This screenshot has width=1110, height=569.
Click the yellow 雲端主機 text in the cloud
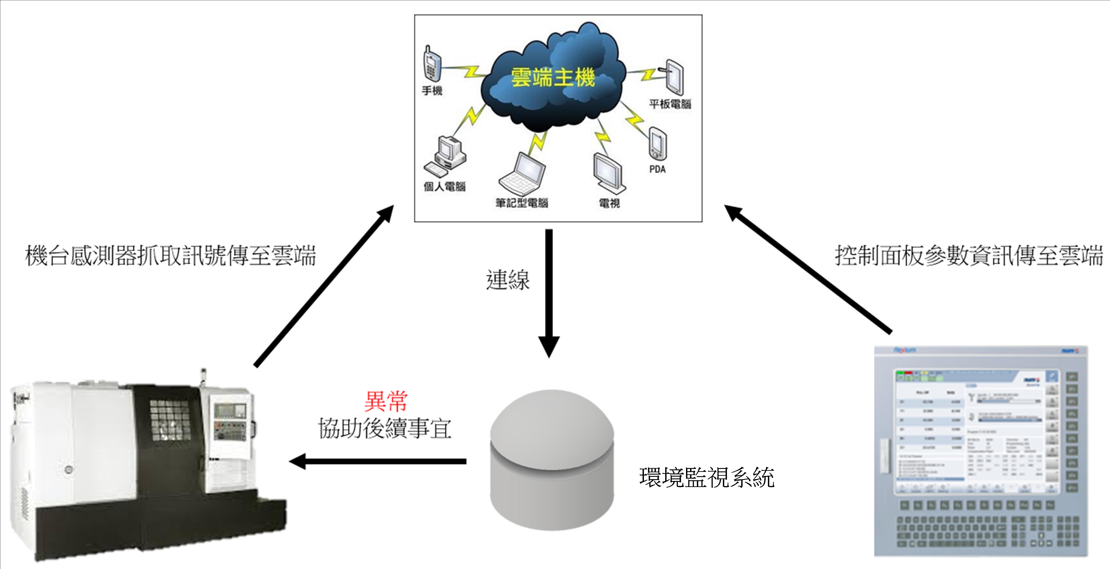(553, 78)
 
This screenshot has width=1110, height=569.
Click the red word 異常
(386, 401)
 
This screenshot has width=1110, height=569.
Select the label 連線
(508, 280)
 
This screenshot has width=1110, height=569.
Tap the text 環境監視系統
(707, 478)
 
